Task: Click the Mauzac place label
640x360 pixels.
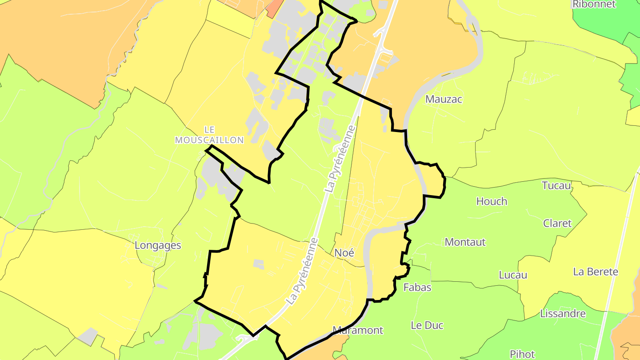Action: tap(444, 99)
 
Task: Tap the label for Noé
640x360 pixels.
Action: tap(344, 253)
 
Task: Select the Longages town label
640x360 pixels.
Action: tap(158, 245)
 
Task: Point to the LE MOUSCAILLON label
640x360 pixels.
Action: tap(209, 135)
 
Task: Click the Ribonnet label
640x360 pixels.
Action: tap(594, 4)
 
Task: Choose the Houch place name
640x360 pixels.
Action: tap(492, 201)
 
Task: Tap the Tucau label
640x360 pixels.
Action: tap(556, 185)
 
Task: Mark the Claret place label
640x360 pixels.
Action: tap(557, 223)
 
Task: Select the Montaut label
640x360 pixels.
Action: tap(465, 242)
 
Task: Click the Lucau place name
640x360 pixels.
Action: tap(513, 275)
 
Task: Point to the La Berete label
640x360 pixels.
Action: tap(596, 272)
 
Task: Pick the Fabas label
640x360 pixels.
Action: tap(417, 288)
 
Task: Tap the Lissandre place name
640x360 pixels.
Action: tap(563, 314)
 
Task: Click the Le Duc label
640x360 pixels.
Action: tap(427, 325)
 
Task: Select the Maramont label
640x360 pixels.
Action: tap(357, 330)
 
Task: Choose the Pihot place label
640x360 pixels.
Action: tap(522, 354)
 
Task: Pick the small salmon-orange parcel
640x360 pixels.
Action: tap(274, 8)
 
